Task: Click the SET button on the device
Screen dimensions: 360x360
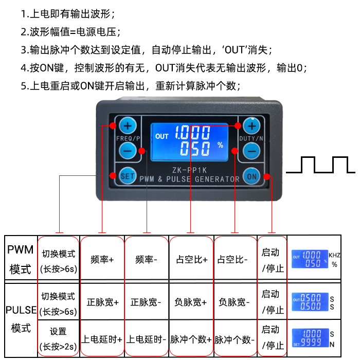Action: point(127,175)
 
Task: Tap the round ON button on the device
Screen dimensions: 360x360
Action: point(251,175)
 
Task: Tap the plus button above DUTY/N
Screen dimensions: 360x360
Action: point(252,125)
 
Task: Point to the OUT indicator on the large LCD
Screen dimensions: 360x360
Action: point(161,136)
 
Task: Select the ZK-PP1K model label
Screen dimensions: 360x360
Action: point(189,169)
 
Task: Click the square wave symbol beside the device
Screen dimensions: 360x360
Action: point(320,165)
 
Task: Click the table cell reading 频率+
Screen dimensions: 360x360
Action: point(102,260)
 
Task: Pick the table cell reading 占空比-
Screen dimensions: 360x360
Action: point(235,260)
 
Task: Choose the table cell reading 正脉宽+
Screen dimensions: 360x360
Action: point(102,302)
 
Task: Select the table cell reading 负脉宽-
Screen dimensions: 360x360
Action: point(235,302)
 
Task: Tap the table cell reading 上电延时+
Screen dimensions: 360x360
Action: point(102,339)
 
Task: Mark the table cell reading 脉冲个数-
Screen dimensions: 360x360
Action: point(235,339)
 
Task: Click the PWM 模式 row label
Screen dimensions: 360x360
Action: point(21,260)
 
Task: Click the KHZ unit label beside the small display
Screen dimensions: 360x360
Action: point(335,255)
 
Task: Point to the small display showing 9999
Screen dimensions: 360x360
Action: point(310,338)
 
